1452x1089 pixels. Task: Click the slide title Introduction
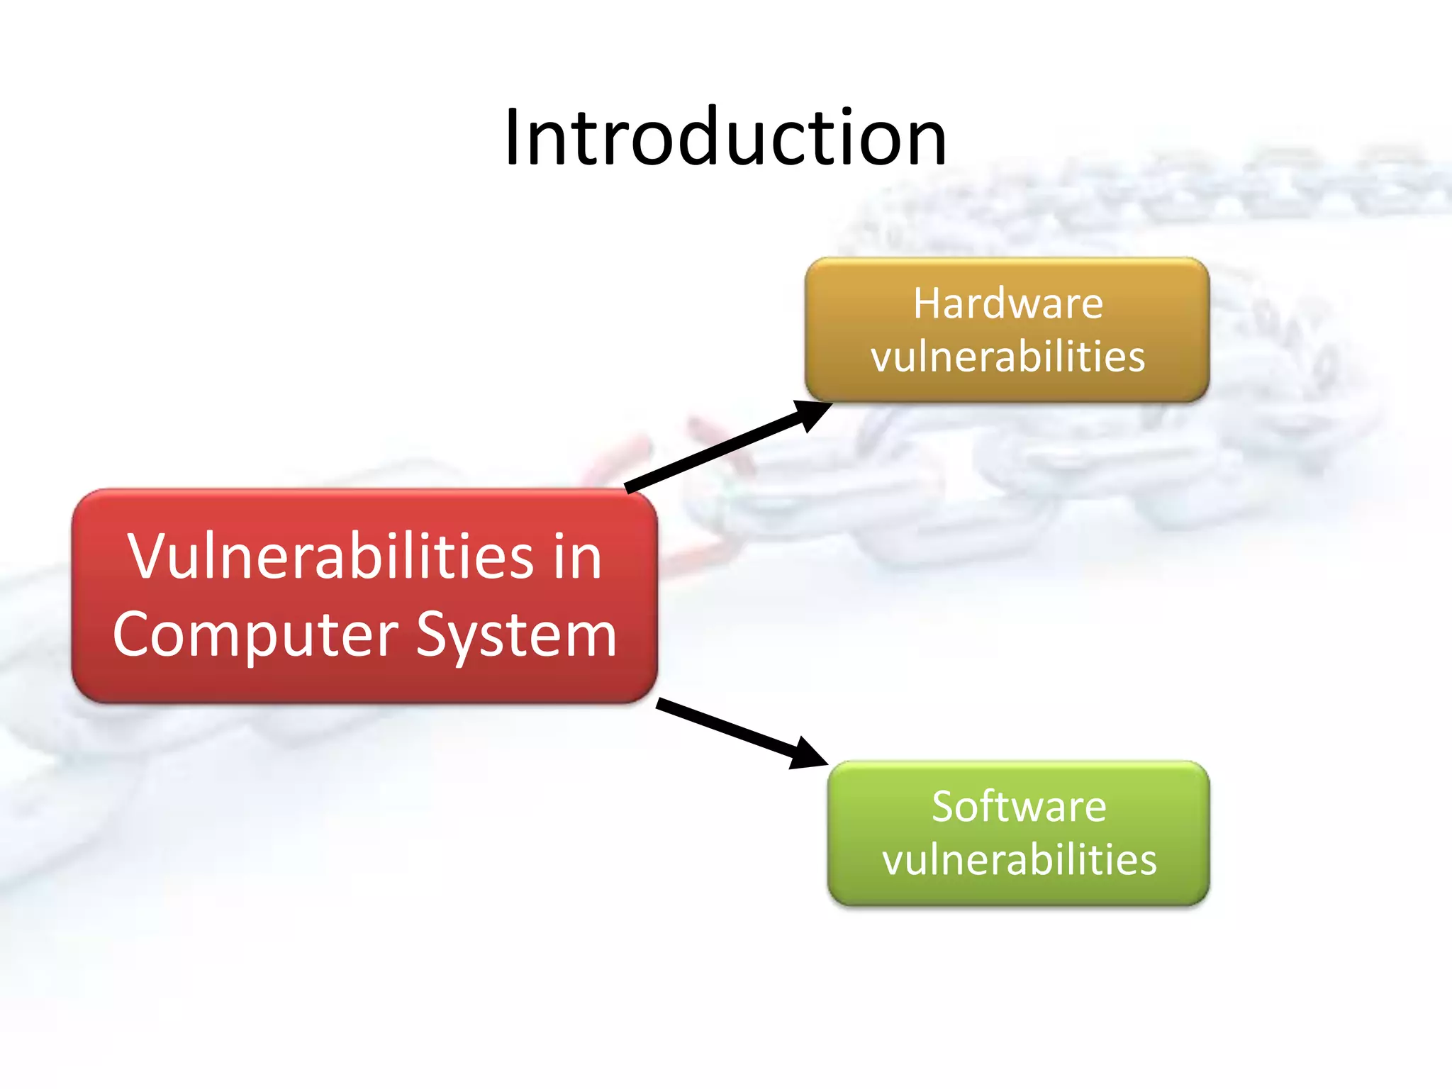[725, 137]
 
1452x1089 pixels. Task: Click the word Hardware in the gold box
[1007, 304]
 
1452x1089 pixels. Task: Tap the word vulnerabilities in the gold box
[1007, 357]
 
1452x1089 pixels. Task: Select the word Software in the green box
[1019, 807]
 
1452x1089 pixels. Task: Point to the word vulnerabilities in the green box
[1019, 860]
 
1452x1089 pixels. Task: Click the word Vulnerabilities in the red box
[330, 557]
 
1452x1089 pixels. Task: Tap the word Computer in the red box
[255, 635]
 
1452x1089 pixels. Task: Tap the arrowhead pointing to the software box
[808, 754]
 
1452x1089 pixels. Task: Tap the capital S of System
[433, 634]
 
